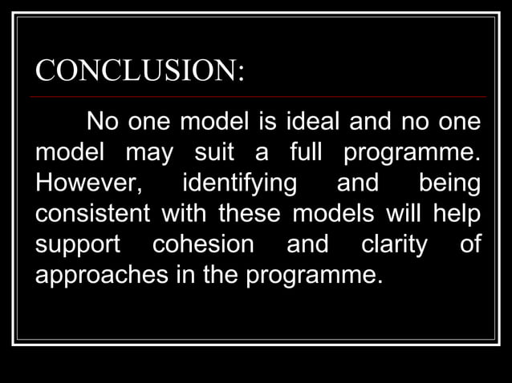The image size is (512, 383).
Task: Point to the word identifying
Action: click(x=239, y=183)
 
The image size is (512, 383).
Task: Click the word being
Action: click(x=449, y=183)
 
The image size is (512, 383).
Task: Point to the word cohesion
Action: click(x=203, y=244)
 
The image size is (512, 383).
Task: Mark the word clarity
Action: click(x=394, y=244)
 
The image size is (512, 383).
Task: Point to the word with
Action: click(x=184, y=214)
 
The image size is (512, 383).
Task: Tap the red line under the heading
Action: click(x=257, y=96)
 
